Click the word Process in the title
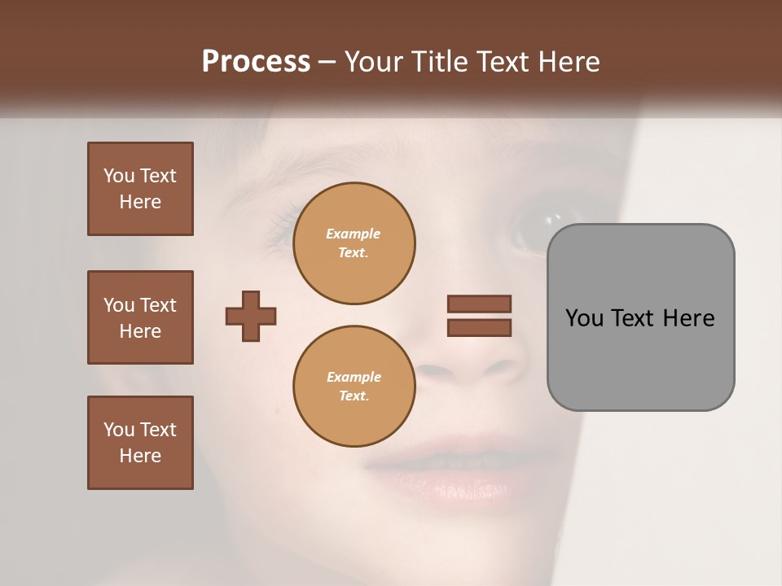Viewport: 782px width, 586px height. click(256, 62)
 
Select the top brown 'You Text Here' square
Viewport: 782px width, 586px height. click(140, 189)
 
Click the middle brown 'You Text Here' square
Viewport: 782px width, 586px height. click(140, 317)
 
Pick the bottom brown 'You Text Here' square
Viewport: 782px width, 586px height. click(140, 443)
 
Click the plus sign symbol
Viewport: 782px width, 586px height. click(251, 316)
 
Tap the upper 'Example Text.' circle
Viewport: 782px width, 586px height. click(354, 243)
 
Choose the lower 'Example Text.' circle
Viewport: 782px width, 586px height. click(354, 386)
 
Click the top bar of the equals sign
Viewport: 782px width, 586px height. click(479, 304)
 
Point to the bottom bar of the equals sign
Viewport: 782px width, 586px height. click(479, 327)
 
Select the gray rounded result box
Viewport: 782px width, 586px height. click(640, 317)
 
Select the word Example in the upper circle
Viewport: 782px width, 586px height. click(354, 234)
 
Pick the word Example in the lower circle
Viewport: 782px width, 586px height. click(354, 377)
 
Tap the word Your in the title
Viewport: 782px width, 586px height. click(373, 62)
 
